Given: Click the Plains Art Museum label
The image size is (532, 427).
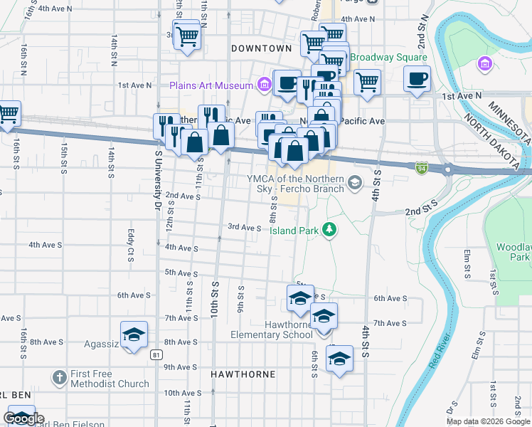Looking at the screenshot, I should point(211,85).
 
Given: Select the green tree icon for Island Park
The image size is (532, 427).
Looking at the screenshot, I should point(329,229).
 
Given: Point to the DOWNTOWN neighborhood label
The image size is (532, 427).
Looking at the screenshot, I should point(262,48).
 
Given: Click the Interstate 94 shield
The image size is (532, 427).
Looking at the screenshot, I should point(422,167).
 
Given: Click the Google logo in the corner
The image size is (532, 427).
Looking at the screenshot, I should point(23,418).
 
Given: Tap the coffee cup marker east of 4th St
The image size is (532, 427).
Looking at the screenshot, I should point(417,78).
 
